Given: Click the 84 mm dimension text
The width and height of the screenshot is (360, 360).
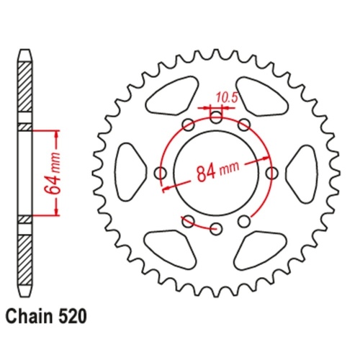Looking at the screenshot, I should click(216, 174).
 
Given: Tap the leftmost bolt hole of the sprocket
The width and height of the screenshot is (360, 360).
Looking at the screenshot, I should click(161, 173).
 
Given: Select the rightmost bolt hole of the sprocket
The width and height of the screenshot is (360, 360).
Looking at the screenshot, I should click(272, 173).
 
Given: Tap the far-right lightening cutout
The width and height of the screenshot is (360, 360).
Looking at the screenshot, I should click(302, 173).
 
